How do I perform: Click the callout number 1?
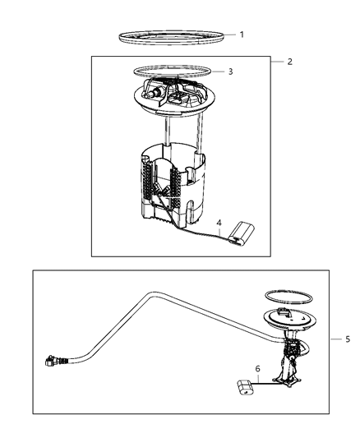click(x=241, y=35)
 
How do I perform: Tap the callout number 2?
click(x=289, y=62)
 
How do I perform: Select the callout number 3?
click(x=231, y=72)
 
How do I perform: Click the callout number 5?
click(x=348, y=339)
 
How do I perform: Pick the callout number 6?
click(x=257, y=370)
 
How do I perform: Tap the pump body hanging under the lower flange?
click(x=293, y=362)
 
